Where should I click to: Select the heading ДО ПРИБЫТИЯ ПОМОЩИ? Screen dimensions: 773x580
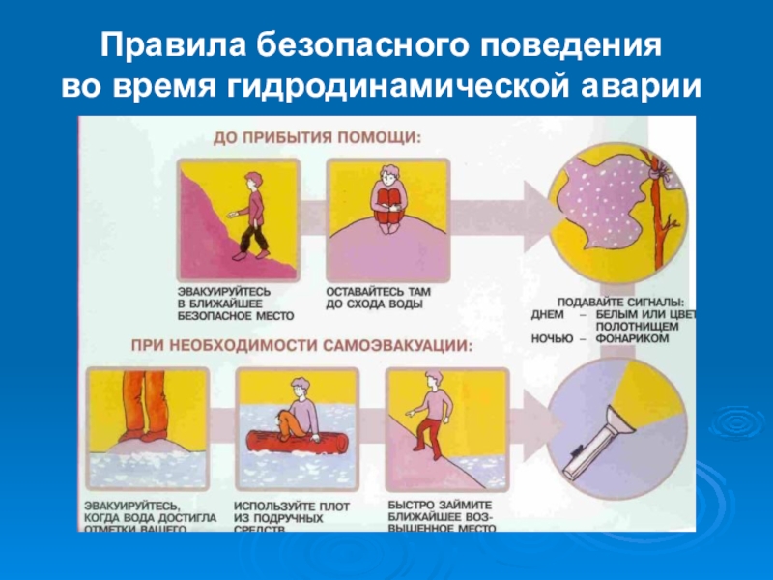[318, 138]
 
